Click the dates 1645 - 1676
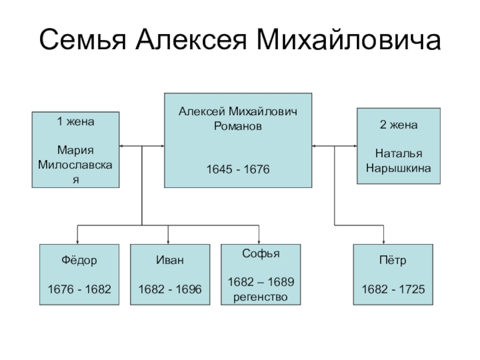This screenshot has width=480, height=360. [x=238, y=171]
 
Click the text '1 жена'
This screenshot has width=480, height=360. [x=76, y=121]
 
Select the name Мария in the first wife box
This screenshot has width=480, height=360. [x=76, y=149]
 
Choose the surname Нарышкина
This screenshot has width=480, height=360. [x=398, y=169]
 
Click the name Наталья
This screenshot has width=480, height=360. [x=398, y=154]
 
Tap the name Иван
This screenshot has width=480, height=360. [x=170, y=261]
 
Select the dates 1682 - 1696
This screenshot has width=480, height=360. [x=170, y=290]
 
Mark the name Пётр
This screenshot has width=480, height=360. [x=392, y=261]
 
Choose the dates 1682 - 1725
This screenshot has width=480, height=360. [x=392, y=290]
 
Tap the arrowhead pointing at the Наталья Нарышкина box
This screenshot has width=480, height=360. [x=355, y=146]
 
